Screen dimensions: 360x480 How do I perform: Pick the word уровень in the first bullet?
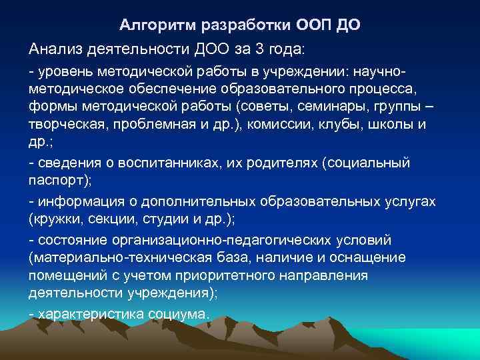[x=64, y=71]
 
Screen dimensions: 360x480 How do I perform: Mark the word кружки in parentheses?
[x=55, y=219]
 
